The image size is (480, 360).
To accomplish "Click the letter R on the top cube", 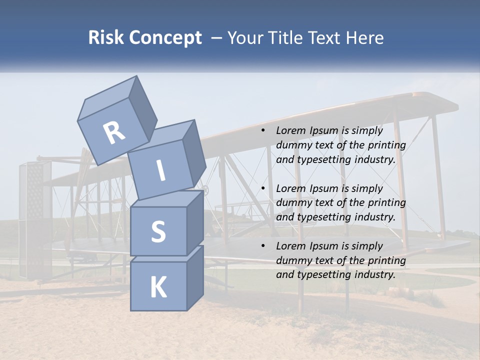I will coord(114,132).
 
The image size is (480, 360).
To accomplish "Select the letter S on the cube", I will coord(158,231).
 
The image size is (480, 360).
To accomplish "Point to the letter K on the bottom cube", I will coord(158,287).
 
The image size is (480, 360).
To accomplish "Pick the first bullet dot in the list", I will coord(262,130).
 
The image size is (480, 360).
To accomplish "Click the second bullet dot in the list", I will coord(262,188).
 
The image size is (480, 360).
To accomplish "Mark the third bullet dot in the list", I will coord(262,246).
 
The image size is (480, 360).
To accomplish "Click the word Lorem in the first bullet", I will coord(291,130).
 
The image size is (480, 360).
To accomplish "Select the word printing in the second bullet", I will coord(386,203).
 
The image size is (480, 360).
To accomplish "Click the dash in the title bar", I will coord(216,37).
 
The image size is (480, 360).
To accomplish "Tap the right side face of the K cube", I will coord(195,277).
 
